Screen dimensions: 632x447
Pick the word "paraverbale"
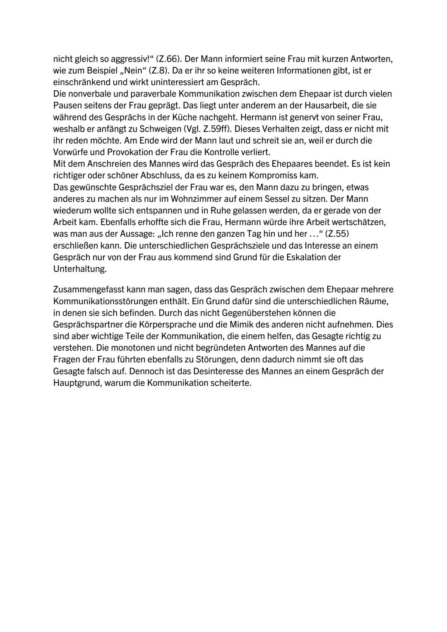pyautogui.click(x=153, y=94)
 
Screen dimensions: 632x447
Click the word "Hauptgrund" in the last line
pyautogui.click(x=77, y=383)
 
